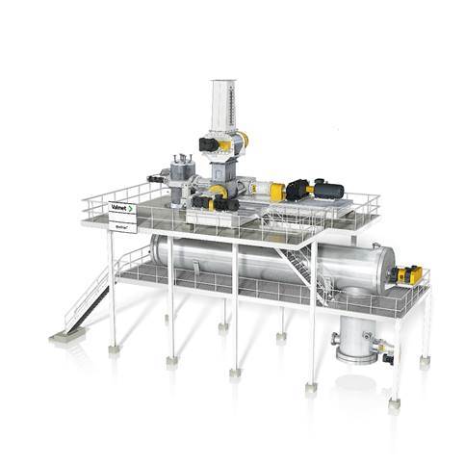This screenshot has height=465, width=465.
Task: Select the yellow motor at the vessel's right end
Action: click(x=409, y=275)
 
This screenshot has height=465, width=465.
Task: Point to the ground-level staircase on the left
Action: click(x=91, y=294)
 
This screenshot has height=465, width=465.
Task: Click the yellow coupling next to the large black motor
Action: click(x=276, y=191)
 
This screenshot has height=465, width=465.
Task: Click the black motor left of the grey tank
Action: click(x=157, y=178)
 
